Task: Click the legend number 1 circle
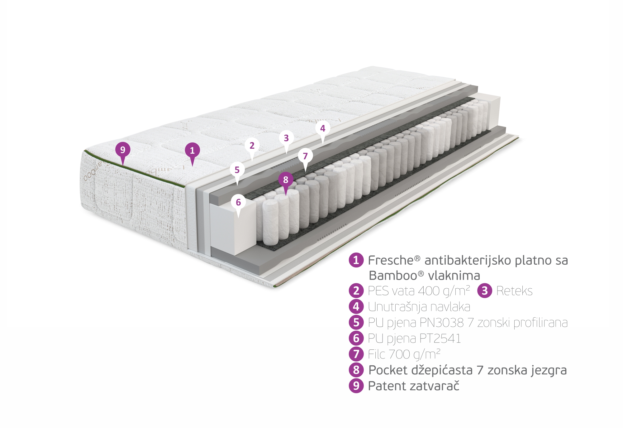[x=356, y=260]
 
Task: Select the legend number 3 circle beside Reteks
[x=485, y=291]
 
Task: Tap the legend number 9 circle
[x=356, y=386]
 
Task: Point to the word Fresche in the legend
[x=392, y=260]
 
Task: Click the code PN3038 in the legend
[x=442, y=323]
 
